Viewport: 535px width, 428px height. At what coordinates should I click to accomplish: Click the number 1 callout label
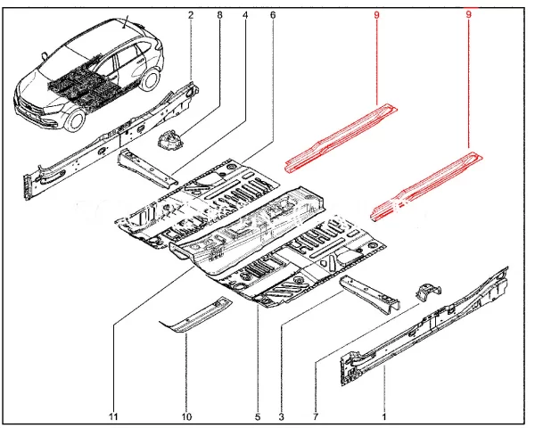point(384,416)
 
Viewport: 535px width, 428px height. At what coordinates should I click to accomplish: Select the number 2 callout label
point(191,15)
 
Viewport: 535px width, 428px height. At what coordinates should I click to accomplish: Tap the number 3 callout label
point(282,416)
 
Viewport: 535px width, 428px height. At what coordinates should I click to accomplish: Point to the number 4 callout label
point(245,15)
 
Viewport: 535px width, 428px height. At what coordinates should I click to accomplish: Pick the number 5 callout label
point(257,416)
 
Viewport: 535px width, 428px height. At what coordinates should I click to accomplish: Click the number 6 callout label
point(272,15)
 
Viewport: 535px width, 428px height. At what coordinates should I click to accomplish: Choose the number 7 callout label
point(316,416)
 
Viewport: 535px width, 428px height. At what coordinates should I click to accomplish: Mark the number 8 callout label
point(219,15)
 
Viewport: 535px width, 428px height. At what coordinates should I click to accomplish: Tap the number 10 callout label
point(187,416)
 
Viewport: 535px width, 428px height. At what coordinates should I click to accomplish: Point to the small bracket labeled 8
point(169,139)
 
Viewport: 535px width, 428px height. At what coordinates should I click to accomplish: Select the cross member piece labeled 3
point(370,292)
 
